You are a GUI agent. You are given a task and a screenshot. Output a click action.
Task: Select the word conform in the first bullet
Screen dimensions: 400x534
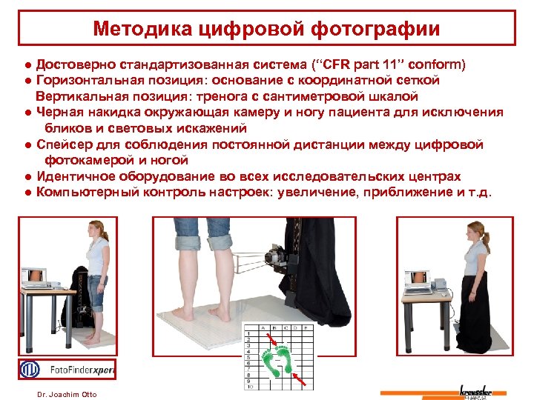point(437,64)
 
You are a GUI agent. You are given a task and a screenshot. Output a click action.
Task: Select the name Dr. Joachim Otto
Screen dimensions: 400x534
point(66,394)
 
